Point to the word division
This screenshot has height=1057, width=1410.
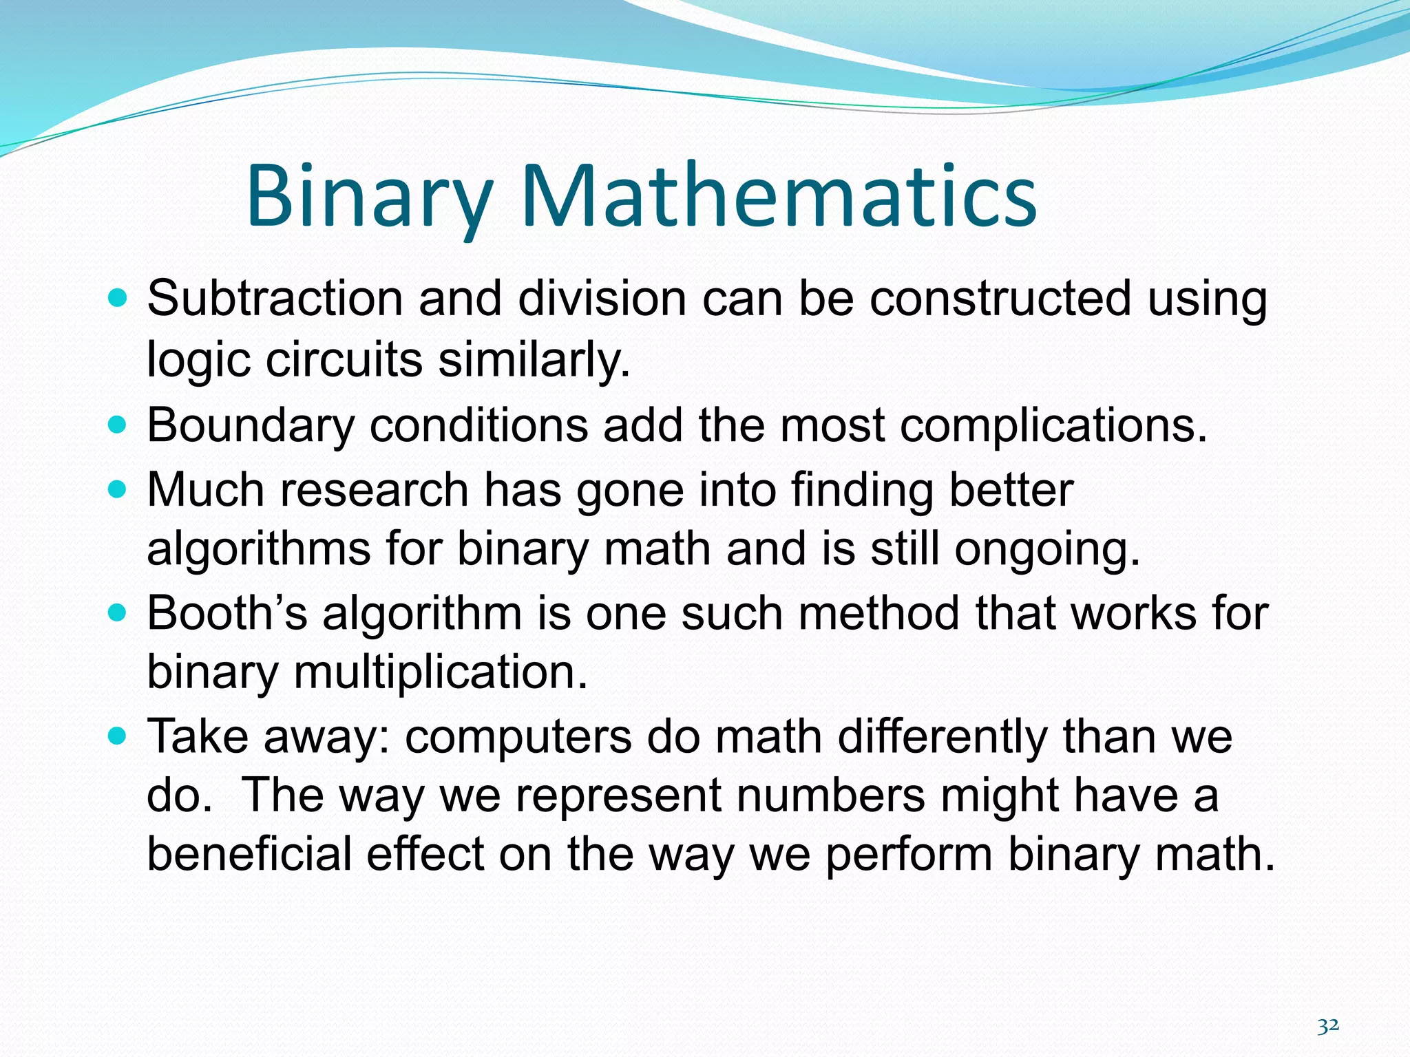tap(602, 299)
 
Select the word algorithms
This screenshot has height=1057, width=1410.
tap(259, 549)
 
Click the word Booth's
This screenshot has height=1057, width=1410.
tap(227, 612)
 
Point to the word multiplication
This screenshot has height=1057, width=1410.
tap(441, 672)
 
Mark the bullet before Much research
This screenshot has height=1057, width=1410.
tap(118, 490)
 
